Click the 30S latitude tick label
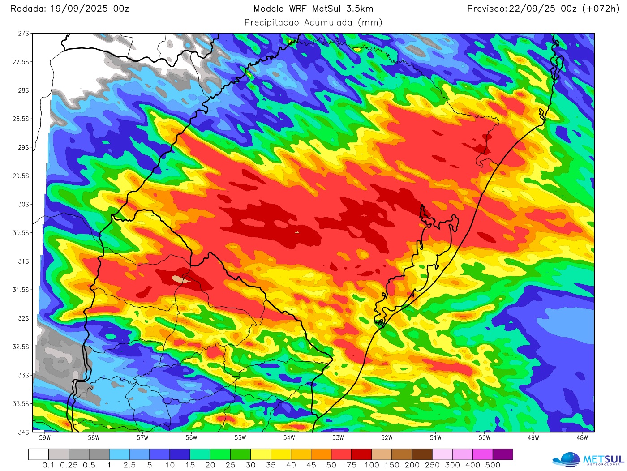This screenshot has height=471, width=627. [x=23, y=204]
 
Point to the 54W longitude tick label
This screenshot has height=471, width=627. [x=289, y=437]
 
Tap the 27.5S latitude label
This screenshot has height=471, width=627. [x=21, y=62]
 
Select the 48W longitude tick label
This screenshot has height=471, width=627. [x=582, y=437]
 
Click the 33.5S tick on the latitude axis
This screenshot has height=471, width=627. [x=21, y=404]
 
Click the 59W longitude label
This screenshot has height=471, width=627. [x=45, y=437]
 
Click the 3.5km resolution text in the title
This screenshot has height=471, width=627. [x=360, y=9]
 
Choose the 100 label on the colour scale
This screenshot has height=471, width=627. [x=372, y=465]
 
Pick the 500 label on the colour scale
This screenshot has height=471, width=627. [x=493, y=465]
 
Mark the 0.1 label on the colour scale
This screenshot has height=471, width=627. [x=48, y=465]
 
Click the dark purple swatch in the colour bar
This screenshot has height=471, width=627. [x=502, y=454]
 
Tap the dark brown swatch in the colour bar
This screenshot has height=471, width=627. [x=422, y=454]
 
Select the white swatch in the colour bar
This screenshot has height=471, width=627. [x=39, y=454]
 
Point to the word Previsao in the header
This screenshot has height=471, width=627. [x=487, y=9]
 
